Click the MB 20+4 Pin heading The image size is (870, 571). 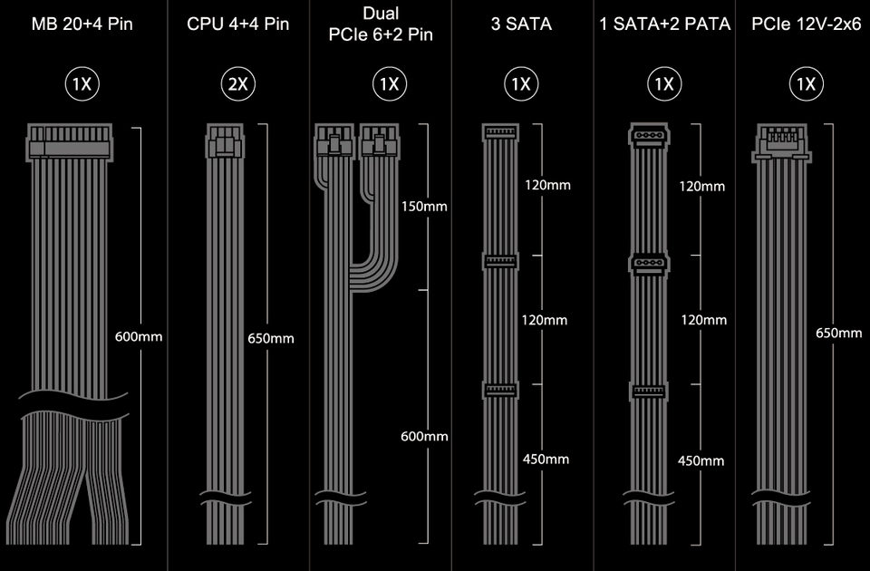tap(82, 24)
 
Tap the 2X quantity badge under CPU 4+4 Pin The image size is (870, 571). tap(238, 83)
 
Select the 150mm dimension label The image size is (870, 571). tap(424, 207)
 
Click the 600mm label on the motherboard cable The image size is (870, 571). tap(139, 337)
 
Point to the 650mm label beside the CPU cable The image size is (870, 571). tap(271, 338)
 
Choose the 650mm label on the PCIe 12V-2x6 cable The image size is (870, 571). tap(839, 333)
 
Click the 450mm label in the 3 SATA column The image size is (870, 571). tap(546, 460)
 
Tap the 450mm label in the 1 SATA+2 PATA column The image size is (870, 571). tap(701, 460)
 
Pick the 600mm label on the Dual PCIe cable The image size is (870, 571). tap(424, 436)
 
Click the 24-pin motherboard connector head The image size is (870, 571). tap(70, 142)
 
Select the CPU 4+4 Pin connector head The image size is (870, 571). tap(225, 140)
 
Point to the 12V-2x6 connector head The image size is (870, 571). tap(782, 143)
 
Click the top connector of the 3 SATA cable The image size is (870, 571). tap(500, 132)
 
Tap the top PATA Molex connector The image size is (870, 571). tap(649, 136)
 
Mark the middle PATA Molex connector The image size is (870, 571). tap(649, 264)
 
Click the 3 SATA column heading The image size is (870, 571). tap(521, 24)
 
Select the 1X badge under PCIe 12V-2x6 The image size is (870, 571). tap(807, 83)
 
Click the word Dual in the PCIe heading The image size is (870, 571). tap(381, 13)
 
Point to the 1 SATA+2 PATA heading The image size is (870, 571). tap(664, 24)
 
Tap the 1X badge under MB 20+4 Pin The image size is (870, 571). tap(82, 83)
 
